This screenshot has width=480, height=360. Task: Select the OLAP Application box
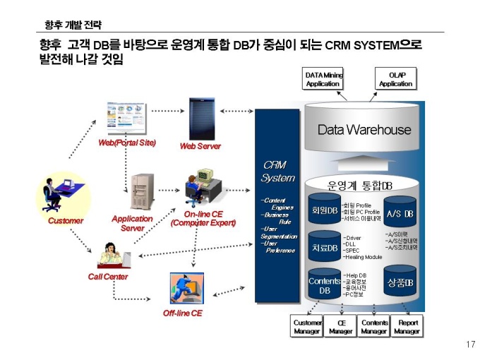395,78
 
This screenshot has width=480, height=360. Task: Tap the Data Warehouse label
364,130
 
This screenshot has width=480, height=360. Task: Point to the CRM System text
277,172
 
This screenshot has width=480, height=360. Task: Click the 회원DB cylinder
324,211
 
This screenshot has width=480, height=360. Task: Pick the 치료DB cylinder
324,248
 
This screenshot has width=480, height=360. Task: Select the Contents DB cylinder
324,285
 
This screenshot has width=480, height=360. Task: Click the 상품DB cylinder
400,283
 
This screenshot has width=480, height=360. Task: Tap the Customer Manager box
307,326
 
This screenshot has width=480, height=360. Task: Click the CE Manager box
341,326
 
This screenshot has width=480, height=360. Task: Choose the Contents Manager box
374,326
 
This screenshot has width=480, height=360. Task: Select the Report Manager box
407,326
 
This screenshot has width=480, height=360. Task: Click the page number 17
471,344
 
